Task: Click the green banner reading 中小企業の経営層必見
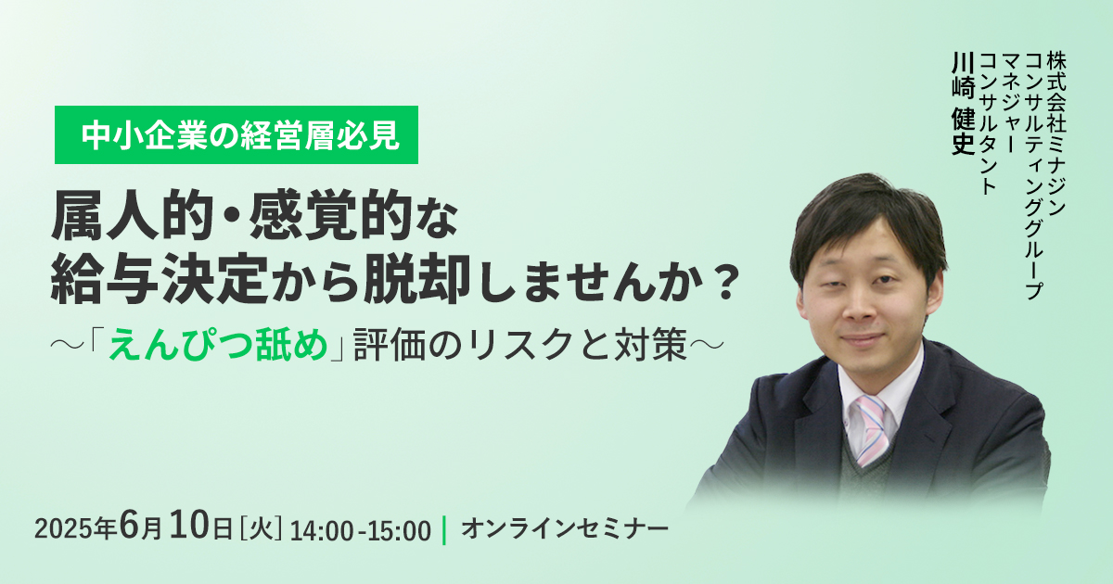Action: pos(236,134)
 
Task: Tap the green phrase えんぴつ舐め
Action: pos(218,344)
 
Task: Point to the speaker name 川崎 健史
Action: pos(963,103)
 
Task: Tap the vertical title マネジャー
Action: pos(1009,103)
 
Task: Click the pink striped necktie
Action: pos(873,430)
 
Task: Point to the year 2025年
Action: pos(75,530)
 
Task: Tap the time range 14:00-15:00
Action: pos(361,531)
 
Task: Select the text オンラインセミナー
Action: pos(565,529)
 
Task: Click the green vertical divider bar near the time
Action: pos(444,530)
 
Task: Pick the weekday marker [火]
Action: pos(261,529)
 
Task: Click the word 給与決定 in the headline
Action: pos(159,279)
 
